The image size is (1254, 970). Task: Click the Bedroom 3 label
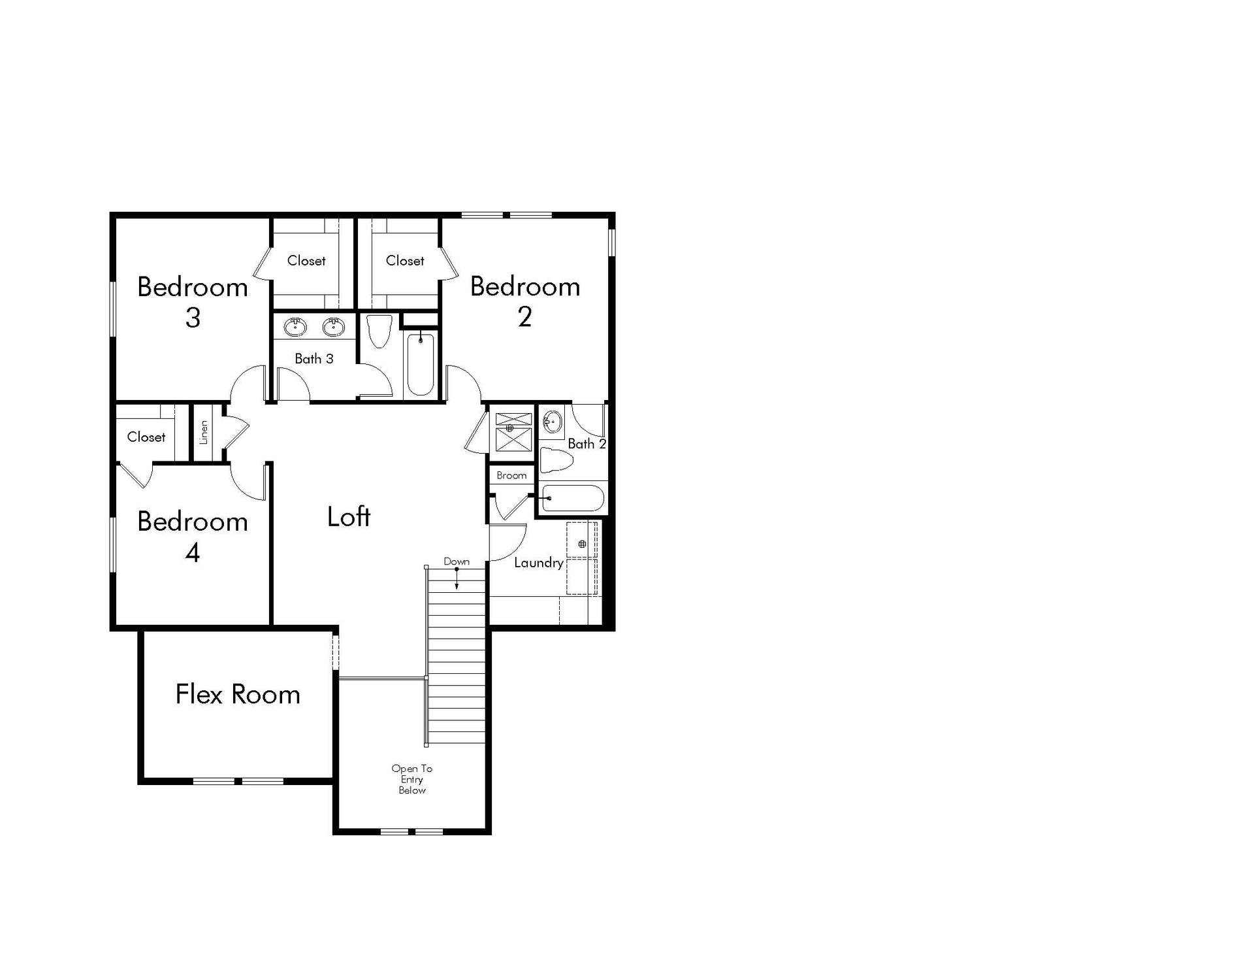tap(193, 302)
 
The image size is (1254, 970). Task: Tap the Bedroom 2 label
tap(525, 301)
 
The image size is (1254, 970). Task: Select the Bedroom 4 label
tap(193, 537)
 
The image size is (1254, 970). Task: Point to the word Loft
tap(349, 516)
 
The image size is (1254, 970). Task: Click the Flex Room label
tap(238, 694)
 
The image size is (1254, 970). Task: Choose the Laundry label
tap(539, 563)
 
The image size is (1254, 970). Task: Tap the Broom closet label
tap(511, 475)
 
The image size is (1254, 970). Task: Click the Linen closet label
tap(204, 432)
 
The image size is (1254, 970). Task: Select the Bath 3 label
tap(314, 358)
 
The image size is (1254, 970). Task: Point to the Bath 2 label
tap(587, 444)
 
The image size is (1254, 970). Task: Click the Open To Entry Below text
tap(412, 779)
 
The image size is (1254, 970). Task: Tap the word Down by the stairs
tap(457, 561)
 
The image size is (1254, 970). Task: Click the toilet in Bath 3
tap(379, 331)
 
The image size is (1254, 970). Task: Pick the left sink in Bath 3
tap(295, 327)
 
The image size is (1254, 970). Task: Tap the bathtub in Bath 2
tap(573, 498)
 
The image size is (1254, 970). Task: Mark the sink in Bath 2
tap(553, 422)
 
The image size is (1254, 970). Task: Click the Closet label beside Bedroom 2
tap(405, 260)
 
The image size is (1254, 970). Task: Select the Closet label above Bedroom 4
tap(146, 437)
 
